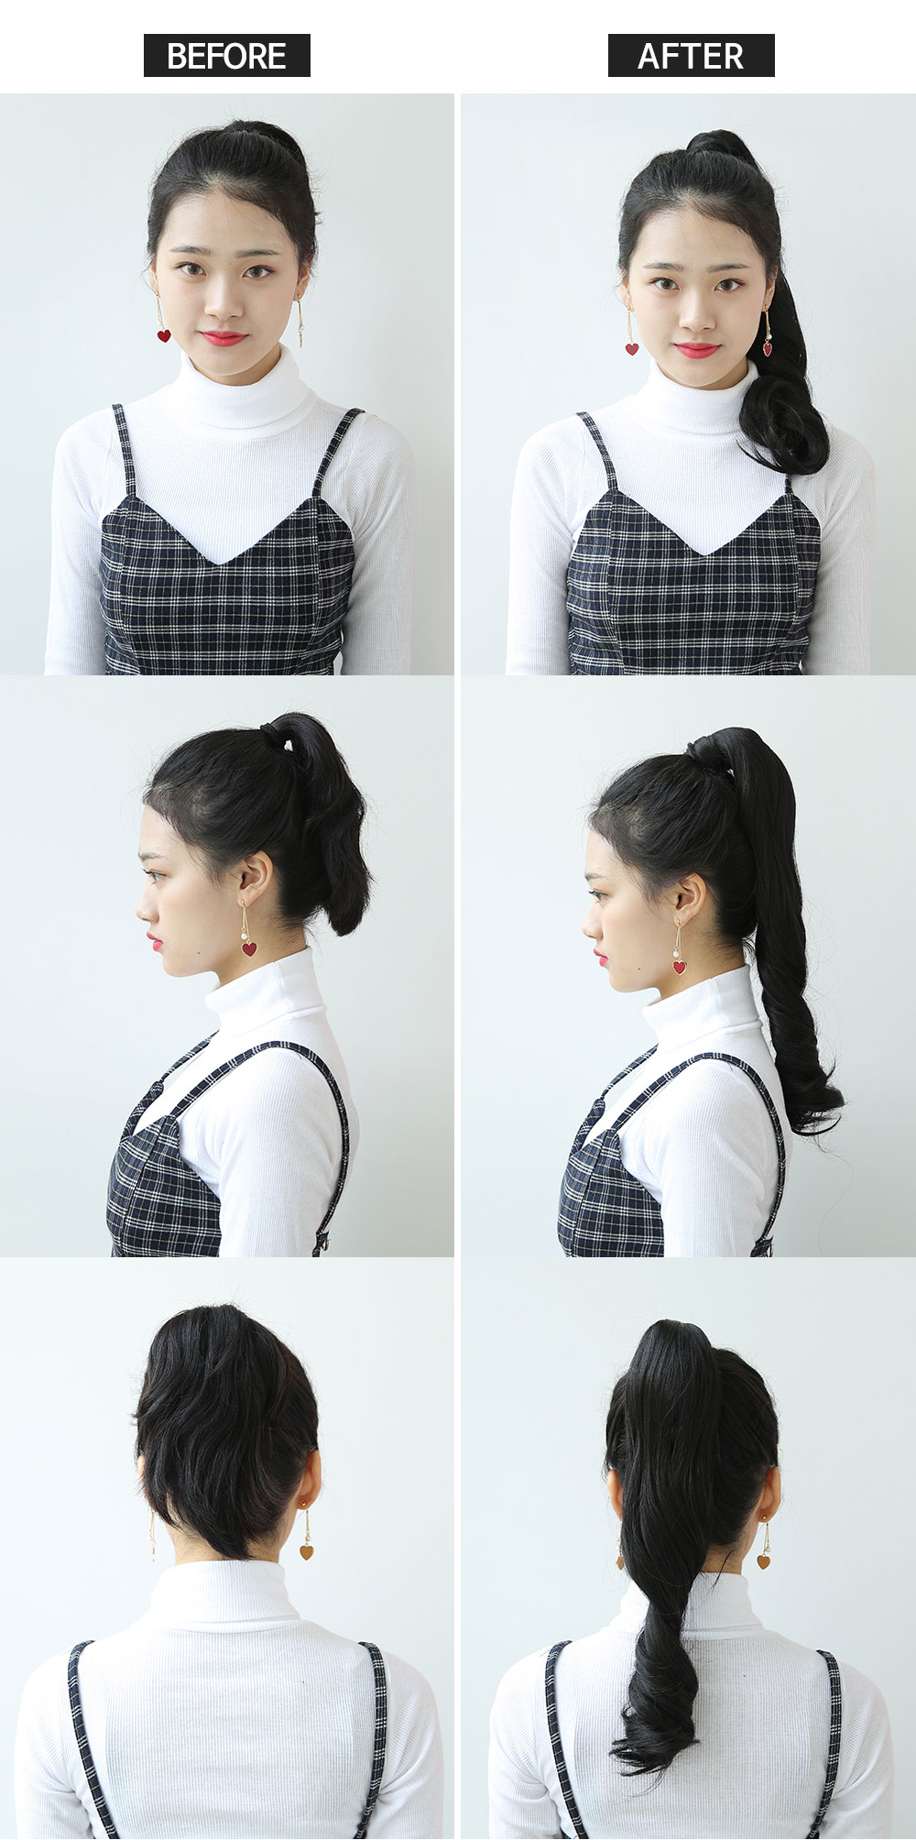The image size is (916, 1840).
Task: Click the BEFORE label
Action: pyautogui.click(x=226, y=56)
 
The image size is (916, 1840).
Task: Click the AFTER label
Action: pyautogui.click(x=691, y=56)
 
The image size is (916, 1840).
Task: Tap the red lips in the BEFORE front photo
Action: pyautogui.click(x=223, y=338)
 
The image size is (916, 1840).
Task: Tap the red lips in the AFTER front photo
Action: pyautogui.click(x=697, y=350)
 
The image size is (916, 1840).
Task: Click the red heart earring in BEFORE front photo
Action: pyautogui.click(x=163, y=335)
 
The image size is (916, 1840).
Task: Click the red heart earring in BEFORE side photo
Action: pyautogui.click(x=249, y=948)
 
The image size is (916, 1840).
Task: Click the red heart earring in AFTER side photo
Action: pyautogui.click(x=679, y=966)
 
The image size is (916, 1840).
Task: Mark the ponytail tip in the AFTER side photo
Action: pyautogui.click(x=824, y=1123)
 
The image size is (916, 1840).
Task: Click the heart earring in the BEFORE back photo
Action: pyautogui.click(x=306, y=1551)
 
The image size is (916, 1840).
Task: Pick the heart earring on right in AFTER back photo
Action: pyautogui.click(x=763, y=1561)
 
